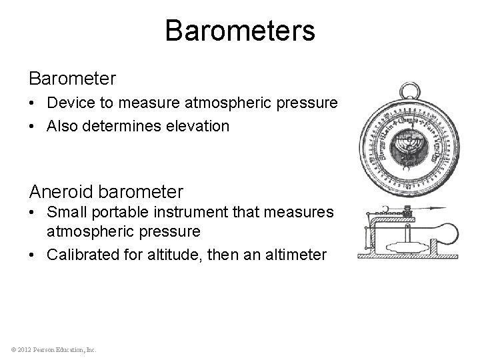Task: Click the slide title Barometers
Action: (x=240, y=31)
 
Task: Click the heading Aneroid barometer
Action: (x=105, y=192)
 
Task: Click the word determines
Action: (x=151, y=125)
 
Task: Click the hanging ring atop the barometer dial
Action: (x=406, y=89)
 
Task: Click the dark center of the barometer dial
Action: (x=405, y=145)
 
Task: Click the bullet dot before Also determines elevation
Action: (x=33, y=125)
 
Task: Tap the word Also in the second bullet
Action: (x=59, y=125)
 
